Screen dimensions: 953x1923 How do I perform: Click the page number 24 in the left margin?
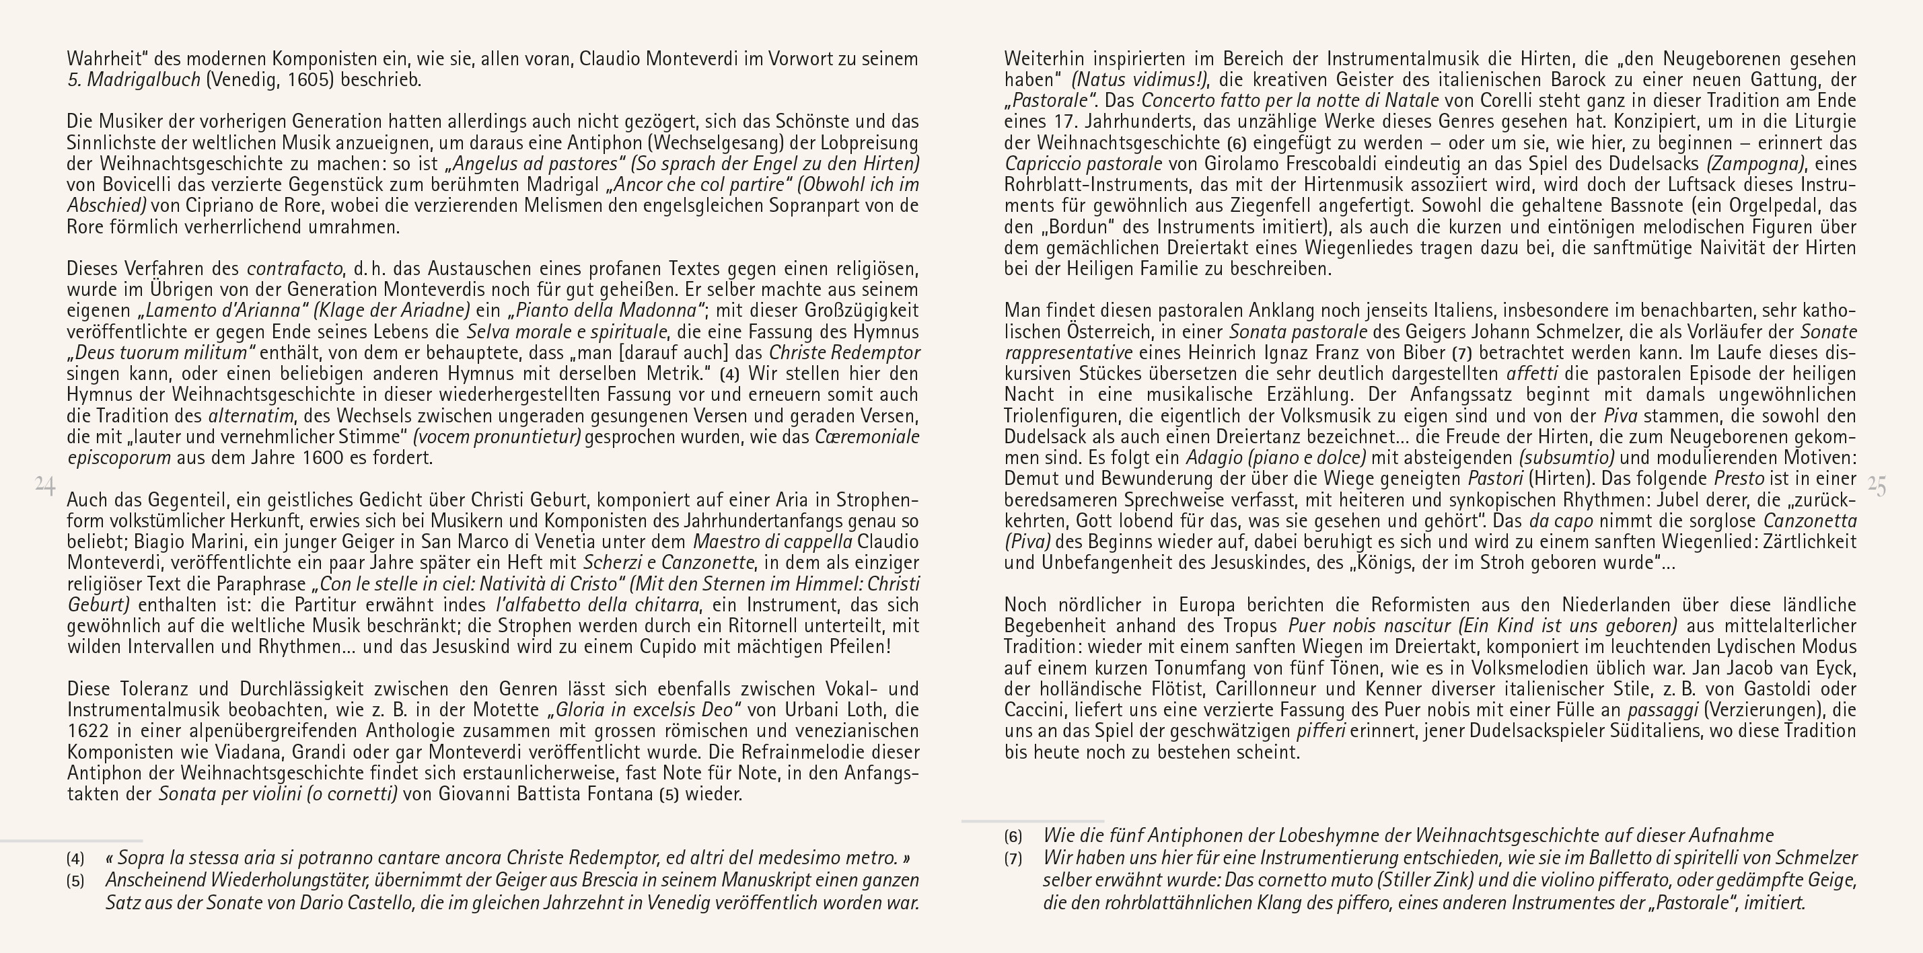45,486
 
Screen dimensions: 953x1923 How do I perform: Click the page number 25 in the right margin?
1877,486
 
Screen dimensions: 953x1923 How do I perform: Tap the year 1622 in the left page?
88,730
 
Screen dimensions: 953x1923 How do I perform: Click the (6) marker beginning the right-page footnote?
1013,837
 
